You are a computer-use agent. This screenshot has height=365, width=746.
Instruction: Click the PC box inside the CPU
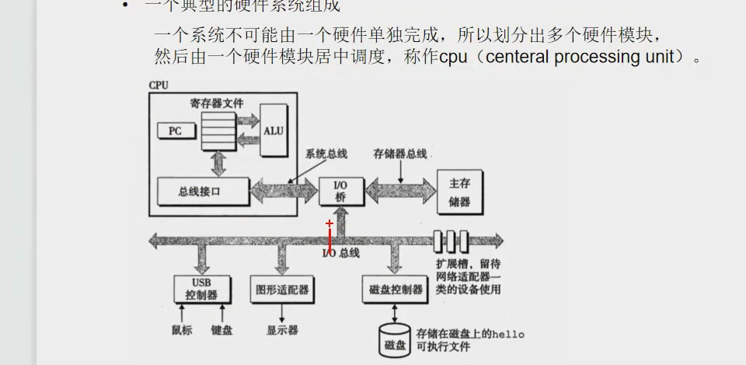coord(175,131)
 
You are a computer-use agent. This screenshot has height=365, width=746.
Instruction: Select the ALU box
coord(274,130)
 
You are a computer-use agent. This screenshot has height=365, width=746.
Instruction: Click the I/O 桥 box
coord(340,191)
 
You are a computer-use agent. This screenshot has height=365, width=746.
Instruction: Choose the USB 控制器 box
coord(201,288)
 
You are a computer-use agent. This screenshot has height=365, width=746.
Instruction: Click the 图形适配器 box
coord(281,289)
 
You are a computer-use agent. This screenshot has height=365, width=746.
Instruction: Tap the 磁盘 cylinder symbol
coord(395,339)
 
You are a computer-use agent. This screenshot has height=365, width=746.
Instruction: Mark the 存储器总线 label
coord(400,153)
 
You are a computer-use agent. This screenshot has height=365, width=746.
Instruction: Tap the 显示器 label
coord(282,329)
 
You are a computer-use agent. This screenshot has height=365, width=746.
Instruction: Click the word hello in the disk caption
coord(509,334)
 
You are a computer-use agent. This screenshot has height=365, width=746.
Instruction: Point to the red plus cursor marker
coord(329,223)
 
